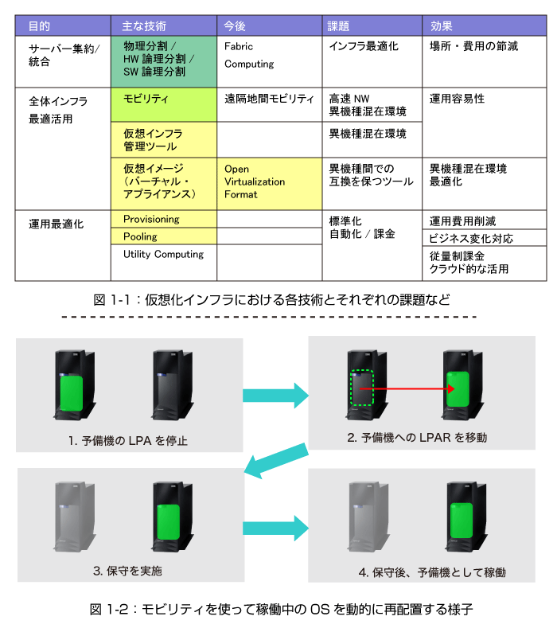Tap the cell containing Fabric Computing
click(x=270, y=61)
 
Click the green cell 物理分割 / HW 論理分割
click(x=164, y=61)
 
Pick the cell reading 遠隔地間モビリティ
click(x=270, y=104)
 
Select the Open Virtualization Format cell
click(x=270, y=183)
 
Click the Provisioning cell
click(x=164, y=219)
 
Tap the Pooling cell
click(x=164, y=236)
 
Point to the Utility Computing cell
click(x=164, y=263)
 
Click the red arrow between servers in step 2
click(x=407, y=388)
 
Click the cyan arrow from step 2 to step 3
click(x=276, y=461)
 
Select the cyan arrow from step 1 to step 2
click(x=275, y=396)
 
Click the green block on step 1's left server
click(x=72, y=393)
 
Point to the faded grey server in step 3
click(x=75, y=517)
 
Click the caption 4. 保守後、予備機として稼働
click(x=432, y=572)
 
